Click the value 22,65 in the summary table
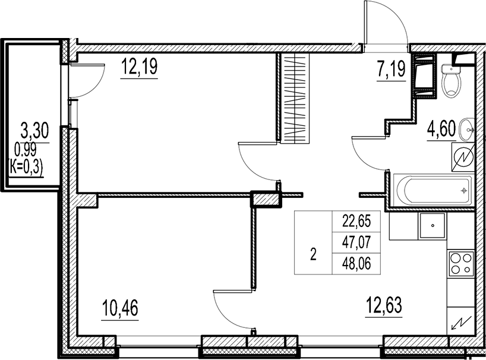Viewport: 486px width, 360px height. coord(356,222)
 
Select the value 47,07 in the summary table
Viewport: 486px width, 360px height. coord(356,241)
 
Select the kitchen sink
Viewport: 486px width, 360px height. coord(433,226)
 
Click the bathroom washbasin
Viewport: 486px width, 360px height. coord(469,126)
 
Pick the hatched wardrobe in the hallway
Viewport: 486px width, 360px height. coord(295,98)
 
